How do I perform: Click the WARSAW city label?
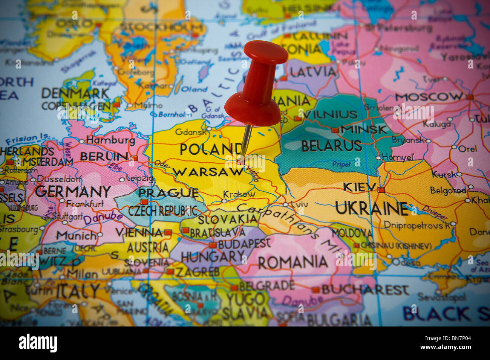(208, 172)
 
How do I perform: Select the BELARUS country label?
(331, 146)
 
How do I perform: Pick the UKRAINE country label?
(371, 208)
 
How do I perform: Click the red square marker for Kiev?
(381, 190)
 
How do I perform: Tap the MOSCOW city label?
(429, 97)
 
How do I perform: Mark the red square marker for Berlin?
(135, 158)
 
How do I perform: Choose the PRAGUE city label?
(168, 193)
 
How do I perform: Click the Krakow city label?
(239, 194)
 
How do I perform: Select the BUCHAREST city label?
(364, 290)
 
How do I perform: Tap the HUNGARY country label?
(213, 257)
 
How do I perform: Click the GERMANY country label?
(73, 191)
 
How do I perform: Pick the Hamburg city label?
(110, 140)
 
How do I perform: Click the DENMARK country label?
(75, 93)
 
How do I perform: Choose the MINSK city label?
(363, 130)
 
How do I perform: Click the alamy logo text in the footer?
(38, 343)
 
